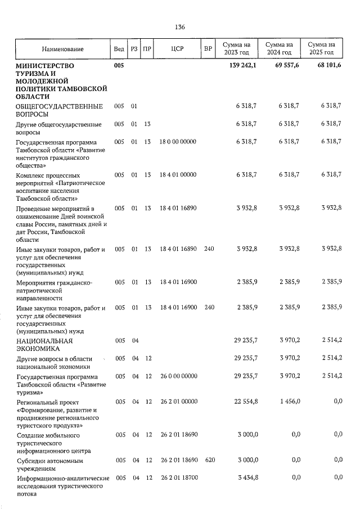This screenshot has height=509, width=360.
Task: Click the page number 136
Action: click(x=180, y=27)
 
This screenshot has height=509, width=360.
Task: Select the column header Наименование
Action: click(x=62, y=49)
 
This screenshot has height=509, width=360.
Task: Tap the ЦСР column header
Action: click(x=177, y=49)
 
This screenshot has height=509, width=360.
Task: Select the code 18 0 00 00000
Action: click(x=178, y=142)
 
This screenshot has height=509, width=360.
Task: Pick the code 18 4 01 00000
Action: click(x=178, y=175)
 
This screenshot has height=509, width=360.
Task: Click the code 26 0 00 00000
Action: click(x=178, y=376)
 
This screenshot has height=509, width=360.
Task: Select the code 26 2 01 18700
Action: click(x=178, y=478)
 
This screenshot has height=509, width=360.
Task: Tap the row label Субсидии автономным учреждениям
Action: click(x=49, y=464)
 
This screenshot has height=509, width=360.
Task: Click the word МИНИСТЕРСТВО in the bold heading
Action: click(x=45, y=66)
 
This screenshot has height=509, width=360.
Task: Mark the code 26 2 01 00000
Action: click(x=178, y=402)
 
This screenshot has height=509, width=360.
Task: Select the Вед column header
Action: click(x=119, y=49)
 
